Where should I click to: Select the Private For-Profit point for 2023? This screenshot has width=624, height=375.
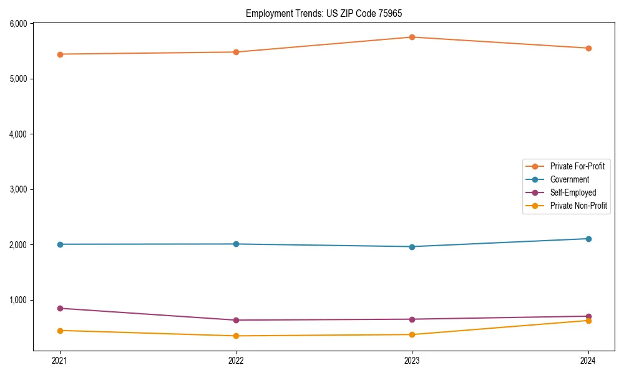coord(412,37)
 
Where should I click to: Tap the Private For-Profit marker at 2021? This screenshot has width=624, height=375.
coord(60,54)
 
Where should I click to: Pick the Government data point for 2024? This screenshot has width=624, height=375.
coord(588,239)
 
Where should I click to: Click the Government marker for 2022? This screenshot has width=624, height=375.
coord(236,244)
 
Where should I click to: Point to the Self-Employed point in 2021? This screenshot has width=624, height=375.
coord(60,308)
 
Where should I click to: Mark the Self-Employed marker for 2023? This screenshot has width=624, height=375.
coord(412,319)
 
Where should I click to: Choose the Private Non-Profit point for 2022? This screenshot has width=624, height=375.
coord(236,336)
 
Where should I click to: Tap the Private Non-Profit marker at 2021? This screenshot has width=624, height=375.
coord(60,331)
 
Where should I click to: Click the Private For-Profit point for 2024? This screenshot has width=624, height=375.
coord(588,48)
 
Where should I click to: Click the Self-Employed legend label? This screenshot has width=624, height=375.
coord(573,192)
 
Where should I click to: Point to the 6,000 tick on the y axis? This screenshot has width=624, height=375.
coord(18,24)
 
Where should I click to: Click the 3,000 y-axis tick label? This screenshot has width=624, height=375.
coord(18,189)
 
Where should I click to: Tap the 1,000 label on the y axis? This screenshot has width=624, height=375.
coord(18,300)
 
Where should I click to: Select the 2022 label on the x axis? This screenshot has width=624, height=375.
coord(236,361)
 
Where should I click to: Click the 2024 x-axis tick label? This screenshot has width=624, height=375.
coord(588,361)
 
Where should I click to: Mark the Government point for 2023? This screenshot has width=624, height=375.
coord(412,247)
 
